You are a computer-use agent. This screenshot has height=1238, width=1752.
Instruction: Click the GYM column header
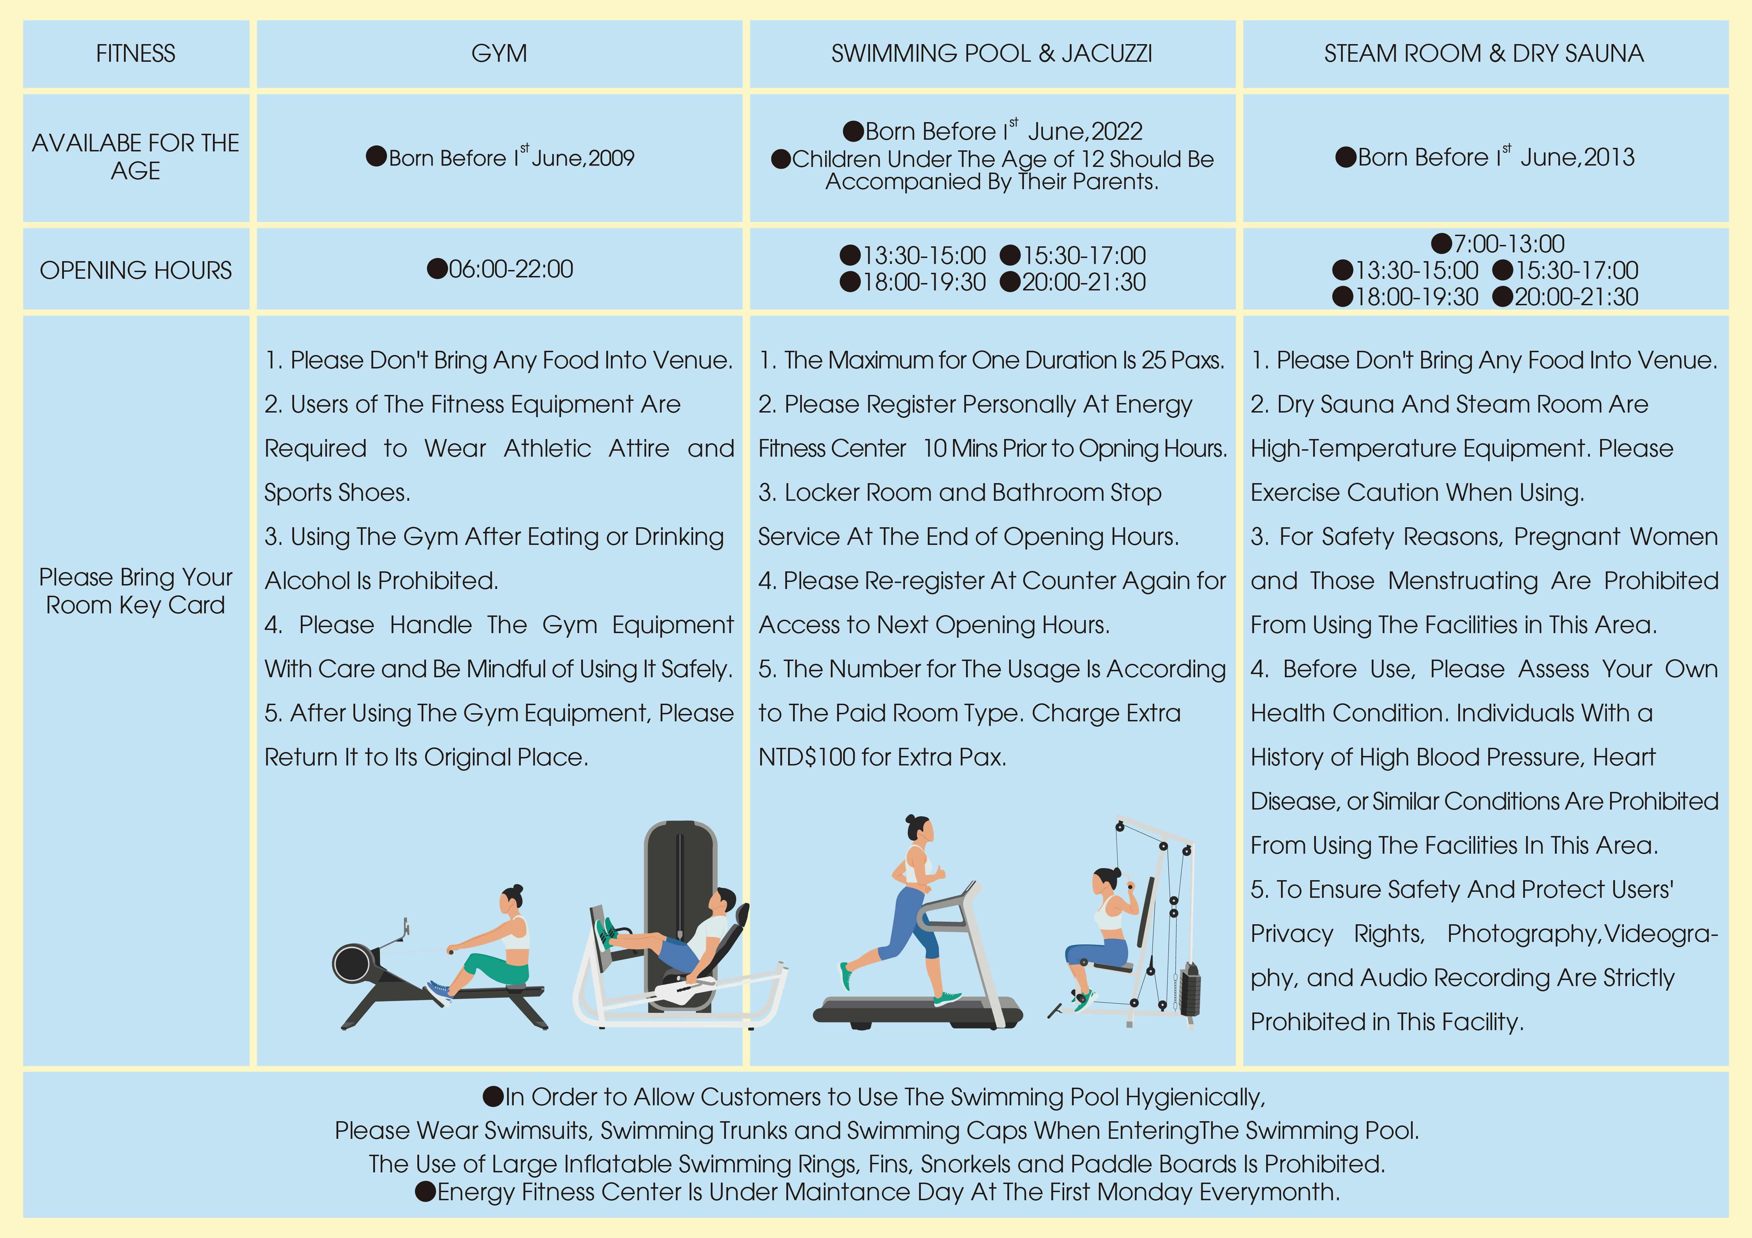tap(499, 53)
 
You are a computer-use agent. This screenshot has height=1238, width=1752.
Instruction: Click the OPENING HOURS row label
tap(136, 270)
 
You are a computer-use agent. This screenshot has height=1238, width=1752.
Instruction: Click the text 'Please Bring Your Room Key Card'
tap(136, 591)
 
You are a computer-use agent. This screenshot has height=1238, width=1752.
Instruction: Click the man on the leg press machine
tap(672, 942)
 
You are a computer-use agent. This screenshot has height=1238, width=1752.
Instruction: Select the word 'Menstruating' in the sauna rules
tap(1463, 581)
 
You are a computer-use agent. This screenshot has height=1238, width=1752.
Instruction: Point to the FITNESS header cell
tap(136, 53)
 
